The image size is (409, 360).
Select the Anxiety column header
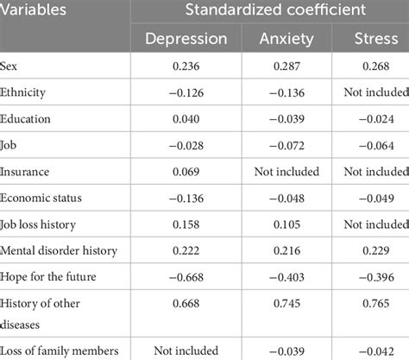[x=286, y=38]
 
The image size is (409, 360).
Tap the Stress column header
[x=375, y=38]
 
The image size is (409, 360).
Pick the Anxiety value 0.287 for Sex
[x=286, y=66]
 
